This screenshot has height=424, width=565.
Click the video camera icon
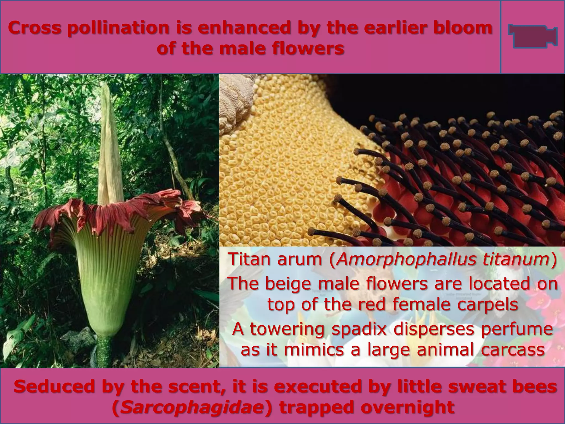pos(532,36)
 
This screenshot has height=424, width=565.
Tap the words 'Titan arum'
pos(277,259)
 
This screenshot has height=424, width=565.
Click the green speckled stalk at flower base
pos(105,355)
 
